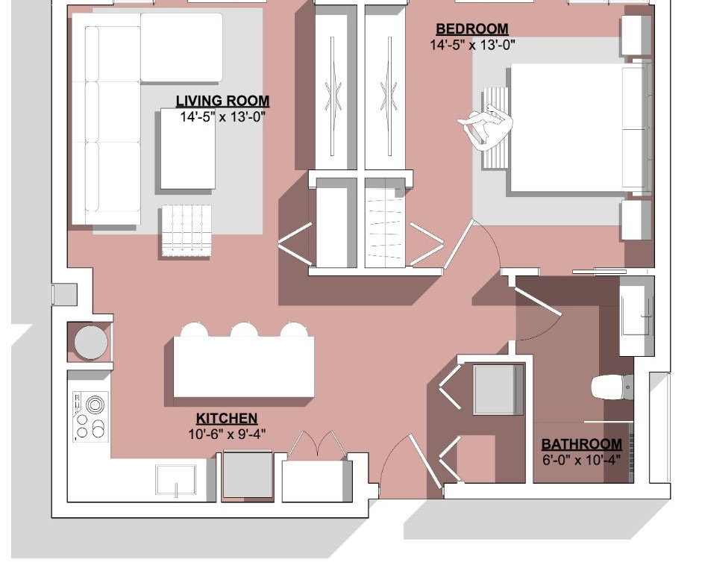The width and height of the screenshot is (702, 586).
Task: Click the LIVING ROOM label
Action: pyautogui.click(x=222, y=101)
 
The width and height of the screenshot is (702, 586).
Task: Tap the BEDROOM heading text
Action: pyautogui.click(x=472, y=28)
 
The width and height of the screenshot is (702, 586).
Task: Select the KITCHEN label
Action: pyautogui.click(x=227, y=419)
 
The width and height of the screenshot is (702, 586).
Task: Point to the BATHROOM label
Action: pyautogui.click(x=582, y=444)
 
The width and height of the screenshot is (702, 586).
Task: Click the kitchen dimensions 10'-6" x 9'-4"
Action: pyautogui.click(x=227, y=434)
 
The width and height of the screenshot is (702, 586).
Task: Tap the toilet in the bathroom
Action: pyautogui.click(x=612, y=387)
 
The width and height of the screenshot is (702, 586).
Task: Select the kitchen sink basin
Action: pyautogui.click(x=175, y=479)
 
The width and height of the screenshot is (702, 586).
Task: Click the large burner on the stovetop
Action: pyautogui.click(x=94, y=405)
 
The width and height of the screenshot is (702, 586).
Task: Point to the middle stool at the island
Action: pyautogui.click(x=244, y=330)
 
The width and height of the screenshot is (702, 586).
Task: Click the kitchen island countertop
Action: pyautogui.click(x=243, y=367)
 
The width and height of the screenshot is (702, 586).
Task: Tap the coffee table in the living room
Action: pyautogui.click(x=187, y=149)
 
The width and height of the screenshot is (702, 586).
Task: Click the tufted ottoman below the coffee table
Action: pyautogui.click(x=187, y=230)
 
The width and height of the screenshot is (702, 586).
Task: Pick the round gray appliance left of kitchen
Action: pyautogui.click(x=91, y=343)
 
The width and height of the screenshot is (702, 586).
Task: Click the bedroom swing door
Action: pyautogui.click(x=459, y=244)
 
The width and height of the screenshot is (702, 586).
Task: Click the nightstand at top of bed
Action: pyautogui.click(x=636, y=36)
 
